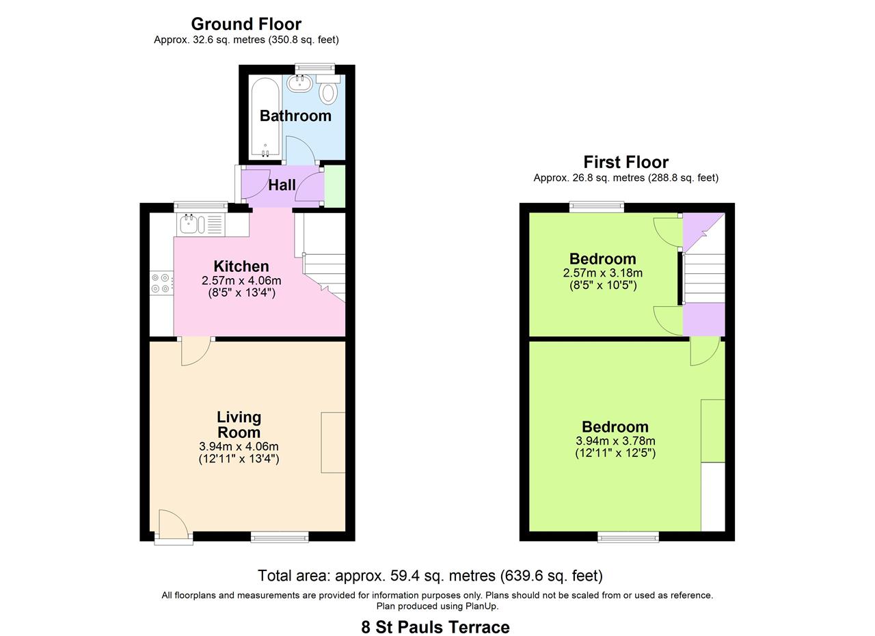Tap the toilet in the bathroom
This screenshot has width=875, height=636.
(329, 92)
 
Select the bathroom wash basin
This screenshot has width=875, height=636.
(299, 83)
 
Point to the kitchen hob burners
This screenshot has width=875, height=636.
(161, 284)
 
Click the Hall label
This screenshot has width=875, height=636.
(282, 185)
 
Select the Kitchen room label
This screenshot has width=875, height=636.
(241, 266)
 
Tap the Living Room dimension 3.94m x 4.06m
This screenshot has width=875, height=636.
(239, 446)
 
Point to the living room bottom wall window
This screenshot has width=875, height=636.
(279, 538)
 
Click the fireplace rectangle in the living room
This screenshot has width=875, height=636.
(333, 442)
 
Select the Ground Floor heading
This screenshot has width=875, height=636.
(246, 24)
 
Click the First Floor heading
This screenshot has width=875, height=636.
(625, 162)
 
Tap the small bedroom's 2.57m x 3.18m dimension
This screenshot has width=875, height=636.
(602, 273)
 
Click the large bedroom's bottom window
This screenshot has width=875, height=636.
(628, 538)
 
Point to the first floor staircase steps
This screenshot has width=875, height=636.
(704, 278)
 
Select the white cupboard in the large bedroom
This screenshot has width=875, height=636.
(712, 497)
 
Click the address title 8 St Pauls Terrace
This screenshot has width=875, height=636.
(435, 626)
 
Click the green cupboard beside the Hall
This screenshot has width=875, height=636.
(334, 185)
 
